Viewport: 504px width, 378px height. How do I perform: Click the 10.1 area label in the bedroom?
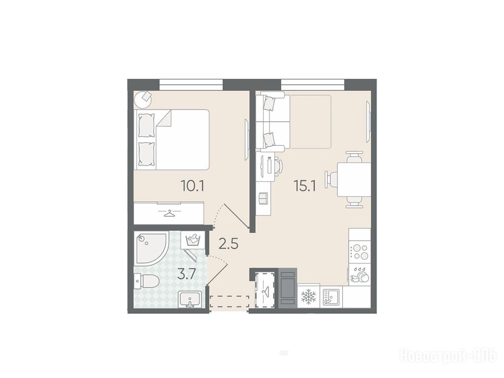[x=193, y=186]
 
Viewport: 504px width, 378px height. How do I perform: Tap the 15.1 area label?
[x=305, y=186]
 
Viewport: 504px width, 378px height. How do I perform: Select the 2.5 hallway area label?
[x=228, y=244]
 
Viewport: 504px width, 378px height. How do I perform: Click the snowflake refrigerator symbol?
[x=309, y=297]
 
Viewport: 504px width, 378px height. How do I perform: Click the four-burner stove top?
[x=360, y=252]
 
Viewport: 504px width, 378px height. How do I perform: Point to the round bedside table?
[x=143, y=99]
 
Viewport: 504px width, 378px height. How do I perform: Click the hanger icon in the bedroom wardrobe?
[x=168, y=214]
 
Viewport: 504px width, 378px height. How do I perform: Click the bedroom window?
[x=191, y=85]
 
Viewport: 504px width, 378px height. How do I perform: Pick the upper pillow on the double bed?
[x=146, y=126]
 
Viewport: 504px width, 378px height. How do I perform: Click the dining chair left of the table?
[x=331, y=179]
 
